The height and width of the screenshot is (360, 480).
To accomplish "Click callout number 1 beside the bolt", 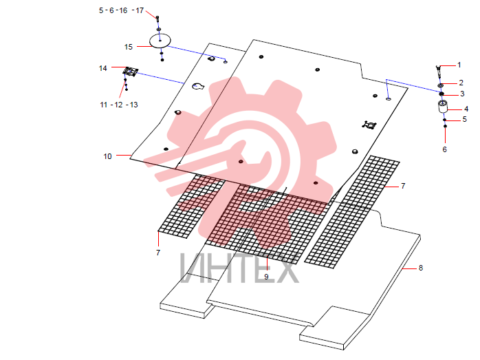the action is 459,65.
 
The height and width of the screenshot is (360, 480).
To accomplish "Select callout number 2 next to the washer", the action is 461,83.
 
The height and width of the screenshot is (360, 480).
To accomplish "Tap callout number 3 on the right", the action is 462,94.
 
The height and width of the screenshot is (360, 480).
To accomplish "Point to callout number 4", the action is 466,109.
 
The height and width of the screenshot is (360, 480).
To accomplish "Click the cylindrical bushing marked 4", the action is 443,106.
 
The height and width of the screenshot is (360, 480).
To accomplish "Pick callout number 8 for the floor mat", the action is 421,268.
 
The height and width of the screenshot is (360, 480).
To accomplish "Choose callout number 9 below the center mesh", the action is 266,277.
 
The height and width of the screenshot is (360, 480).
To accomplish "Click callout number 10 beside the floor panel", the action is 107,156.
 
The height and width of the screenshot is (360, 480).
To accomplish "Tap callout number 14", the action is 103,68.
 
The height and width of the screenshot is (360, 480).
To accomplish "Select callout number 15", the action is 129,47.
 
